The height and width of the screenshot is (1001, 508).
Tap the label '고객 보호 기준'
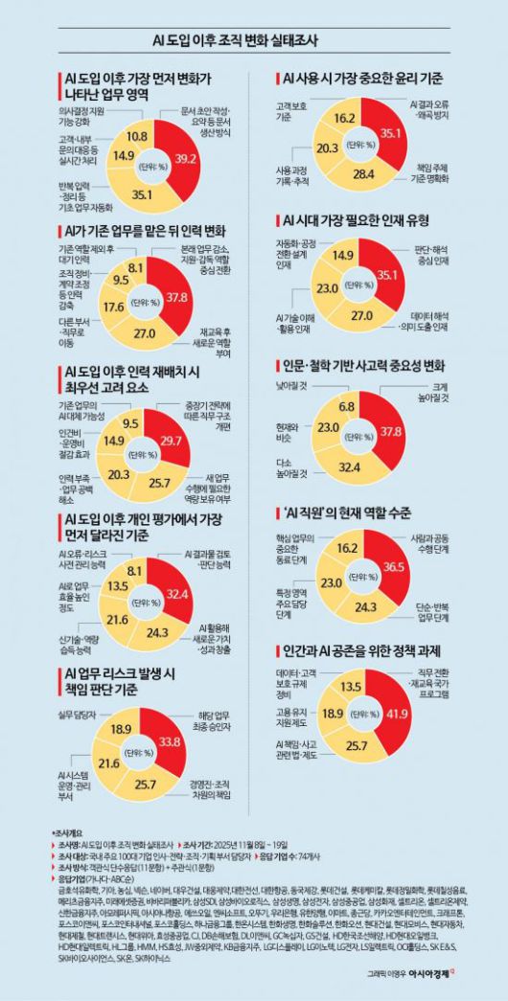291,112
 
